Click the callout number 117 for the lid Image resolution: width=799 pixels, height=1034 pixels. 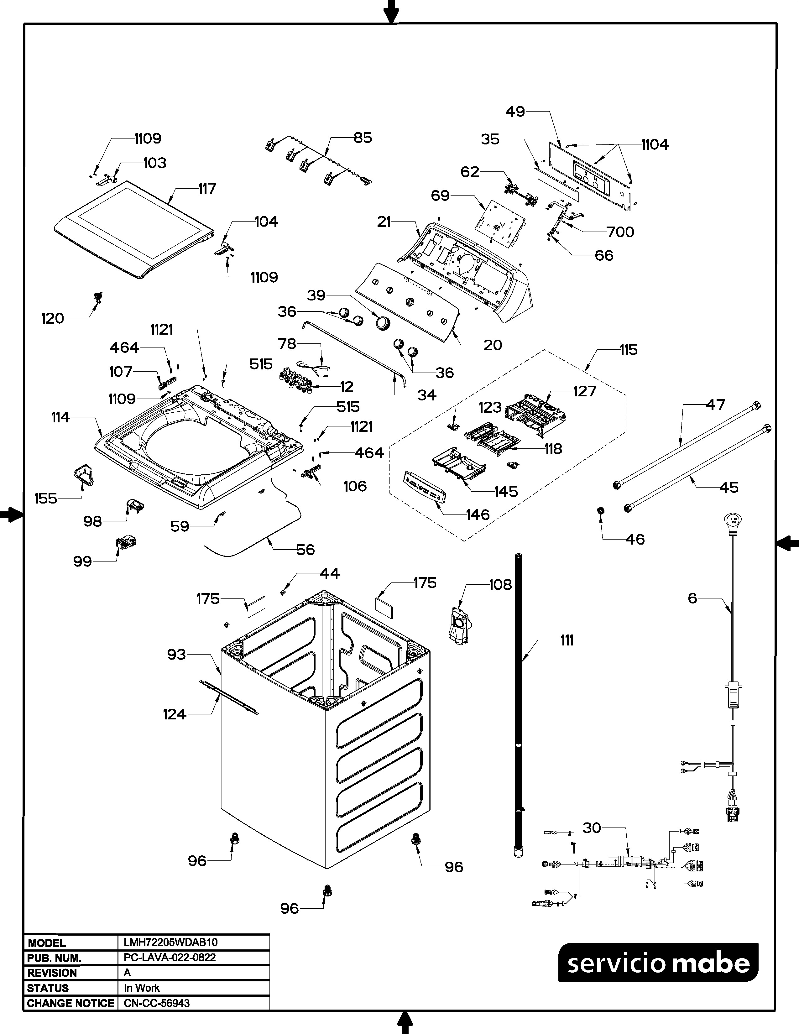coord(207,189)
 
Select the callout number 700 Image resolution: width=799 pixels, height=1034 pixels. coord(620,232)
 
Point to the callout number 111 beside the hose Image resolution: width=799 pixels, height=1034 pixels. coord(567,640)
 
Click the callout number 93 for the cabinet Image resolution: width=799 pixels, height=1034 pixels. coord(176,655)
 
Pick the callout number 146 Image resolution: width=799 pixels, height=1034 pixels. coord(478,514)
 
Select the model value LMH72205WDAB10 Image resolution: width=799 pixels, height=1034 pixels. coord(170,942)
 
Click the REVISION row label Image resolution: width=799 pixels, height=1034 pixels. coord(52,973)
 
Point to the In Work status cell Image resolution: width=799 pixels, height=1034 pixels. coord(142,988)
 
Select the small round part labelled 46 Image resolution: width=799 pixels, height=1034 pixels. coord(601,511)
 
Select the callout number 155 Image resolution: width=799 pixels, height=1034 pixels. coord(45,498)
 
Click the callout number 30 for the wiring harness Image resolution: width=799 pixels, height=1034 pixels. coord(592,828)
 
